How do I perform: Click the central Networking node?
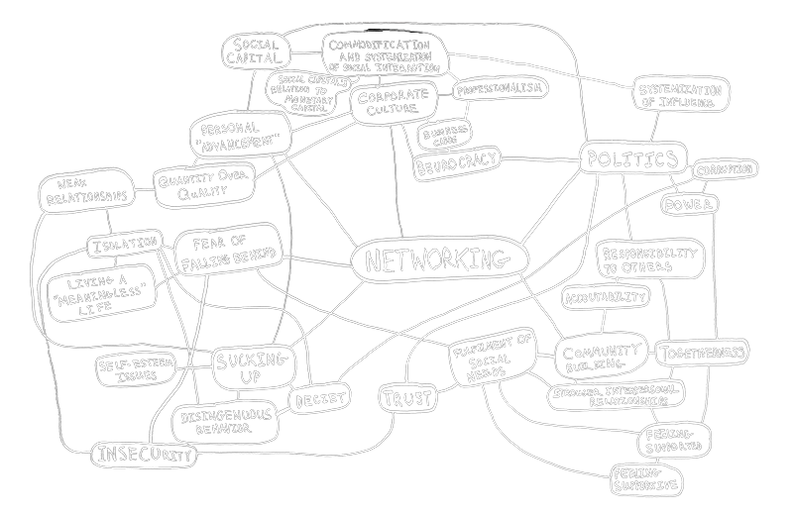(437, 260)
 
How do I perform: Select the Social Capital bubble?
(256, 52)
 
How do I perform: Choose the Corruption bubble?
(725, 170)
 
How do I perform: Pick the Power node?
(688, 206)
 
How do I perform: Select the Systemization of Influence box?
(679, 96)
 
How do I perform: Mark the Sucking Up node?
(250, 364)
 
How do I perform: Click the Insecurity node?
(143, 456)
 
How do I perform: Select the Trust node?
(407, 399)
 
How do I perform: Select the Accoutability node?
(606, 296)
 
